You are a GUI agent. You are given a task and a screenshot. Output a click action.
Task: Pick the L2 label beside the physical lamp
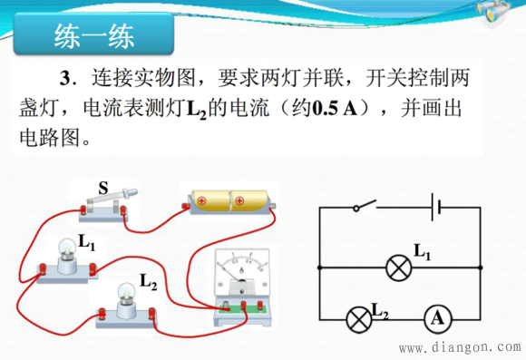click(149, 284)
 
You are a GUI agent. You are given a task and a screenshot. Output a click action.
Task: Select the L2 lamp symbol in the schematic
click(359, 317)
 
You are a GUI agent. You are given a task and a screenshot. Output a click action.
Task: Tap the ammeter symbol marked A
click(438, 317)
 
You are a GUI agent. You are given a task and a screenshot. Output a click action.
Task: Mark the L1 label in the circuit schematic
click(422, 251)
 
